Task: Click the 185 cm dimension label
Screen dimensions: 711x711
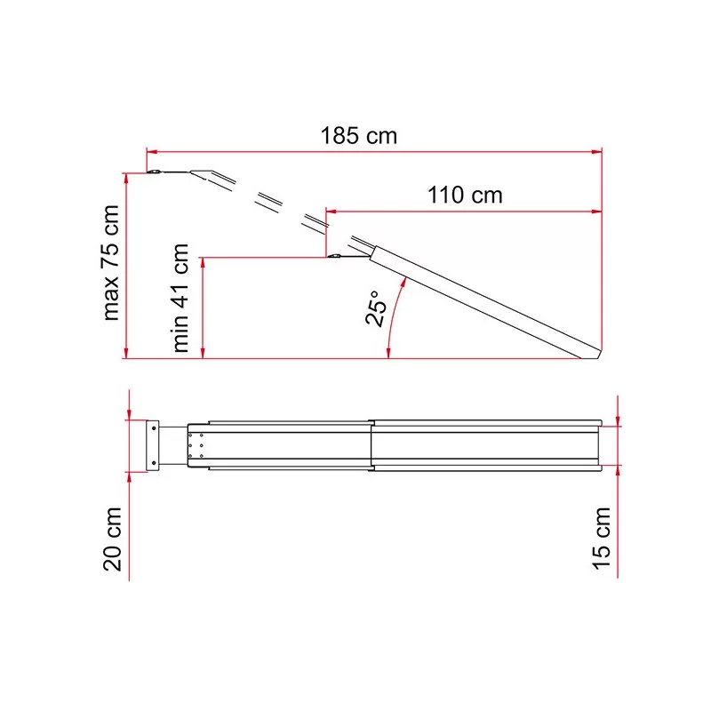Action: tap(359, 136)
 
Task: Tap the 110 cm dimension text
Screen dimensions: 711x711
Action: tap(465, 195)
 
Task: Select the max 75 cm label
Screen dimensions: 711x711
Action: tap(111, 263)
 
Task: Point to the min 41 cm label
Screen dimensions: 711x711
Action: tap(180, 298)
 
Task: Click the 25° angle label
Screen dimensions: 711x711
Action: tap(377, 308)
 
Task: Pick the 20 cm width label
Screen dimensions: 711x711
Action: tap(112, 539)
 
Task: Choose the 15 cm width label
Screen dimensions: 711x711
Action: tap(602, 539)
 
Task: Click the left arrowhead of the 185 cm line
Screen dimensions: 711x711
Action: tap(152, 152)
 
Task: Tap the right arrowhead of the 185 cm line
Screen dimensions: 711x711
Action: tap(596, 152)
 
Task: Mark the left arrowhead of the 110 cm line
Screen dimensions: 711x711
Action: tap(331, 212)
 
